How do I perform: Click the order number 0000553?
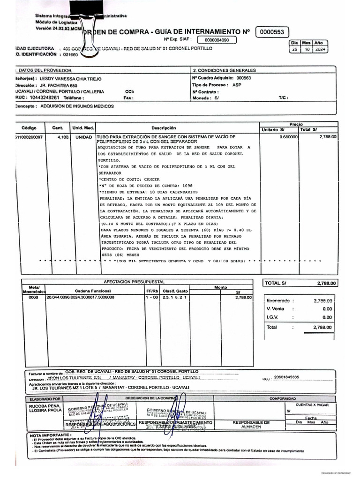[272, 32]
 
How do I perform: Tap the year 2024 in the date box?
[321, 50]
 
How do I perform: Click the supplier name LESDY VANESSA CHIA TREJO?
[69, 79]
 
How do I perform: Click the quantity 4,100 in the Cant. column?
[63, 137]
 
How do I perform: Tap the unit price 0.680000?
[288, 137]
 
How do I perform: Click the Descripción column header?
[163, 128]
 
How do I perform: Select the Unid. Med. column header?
[83, 128]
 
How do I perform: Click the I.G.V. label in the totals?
[273, 317]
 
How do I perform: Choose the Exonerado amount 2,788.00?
[322, 300]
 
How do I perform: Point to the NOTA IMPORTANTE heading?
[47, 435]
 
